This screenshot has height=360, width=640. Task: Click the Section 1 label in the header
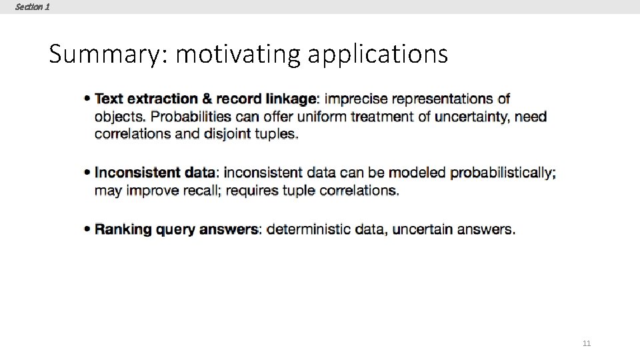coord(32,7)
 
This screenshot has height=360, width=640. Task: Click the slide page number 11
coord(587,343)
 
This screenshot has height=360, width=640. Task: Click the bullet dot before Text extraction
coord(87,99)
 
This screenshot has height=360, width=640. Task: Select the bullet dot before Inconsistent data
coord(87,173)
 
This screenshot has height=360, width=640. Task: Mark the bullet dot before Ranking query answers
coord(87,229)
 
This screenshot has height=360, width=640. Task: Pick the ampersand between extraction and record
coord(207,99)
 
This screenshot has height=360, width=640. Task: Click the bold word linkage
coord(291,99)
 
